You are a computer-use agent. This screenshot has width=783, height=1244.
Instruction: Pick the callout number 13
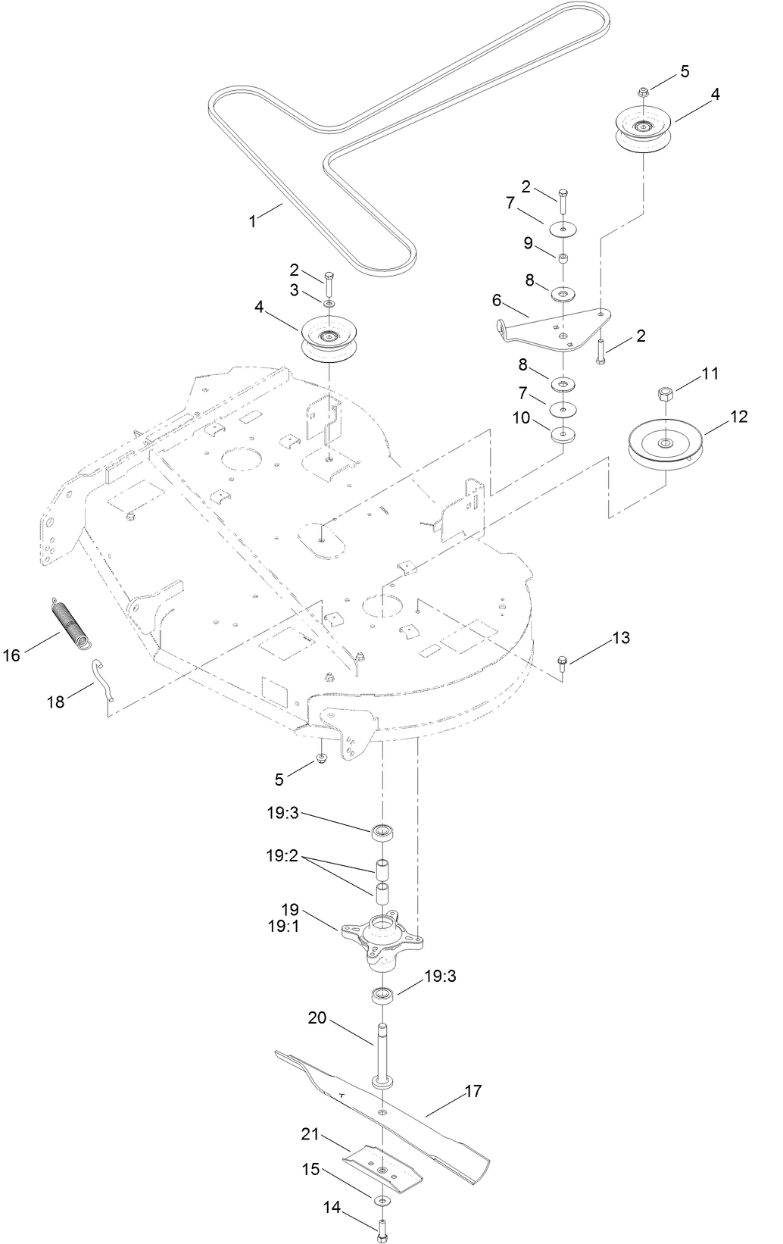click(x=620, y=638)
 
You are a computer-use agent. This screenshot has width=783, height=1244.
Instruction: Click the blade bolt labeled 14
click(x=382, y=1229)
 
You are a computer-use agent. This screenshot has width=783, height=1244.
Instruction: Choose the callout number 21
click(x=310, y=1136)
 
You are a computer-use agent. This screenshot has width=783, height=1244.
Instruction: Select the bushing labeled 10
click(x=563, y=435)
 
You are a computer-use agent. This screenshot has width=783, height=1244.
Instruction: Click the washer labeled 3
click(x=328, y=304)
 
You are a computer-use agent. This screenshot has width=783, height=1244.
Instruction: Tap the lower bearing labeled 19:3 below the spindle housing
click(x=382, y=996)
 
